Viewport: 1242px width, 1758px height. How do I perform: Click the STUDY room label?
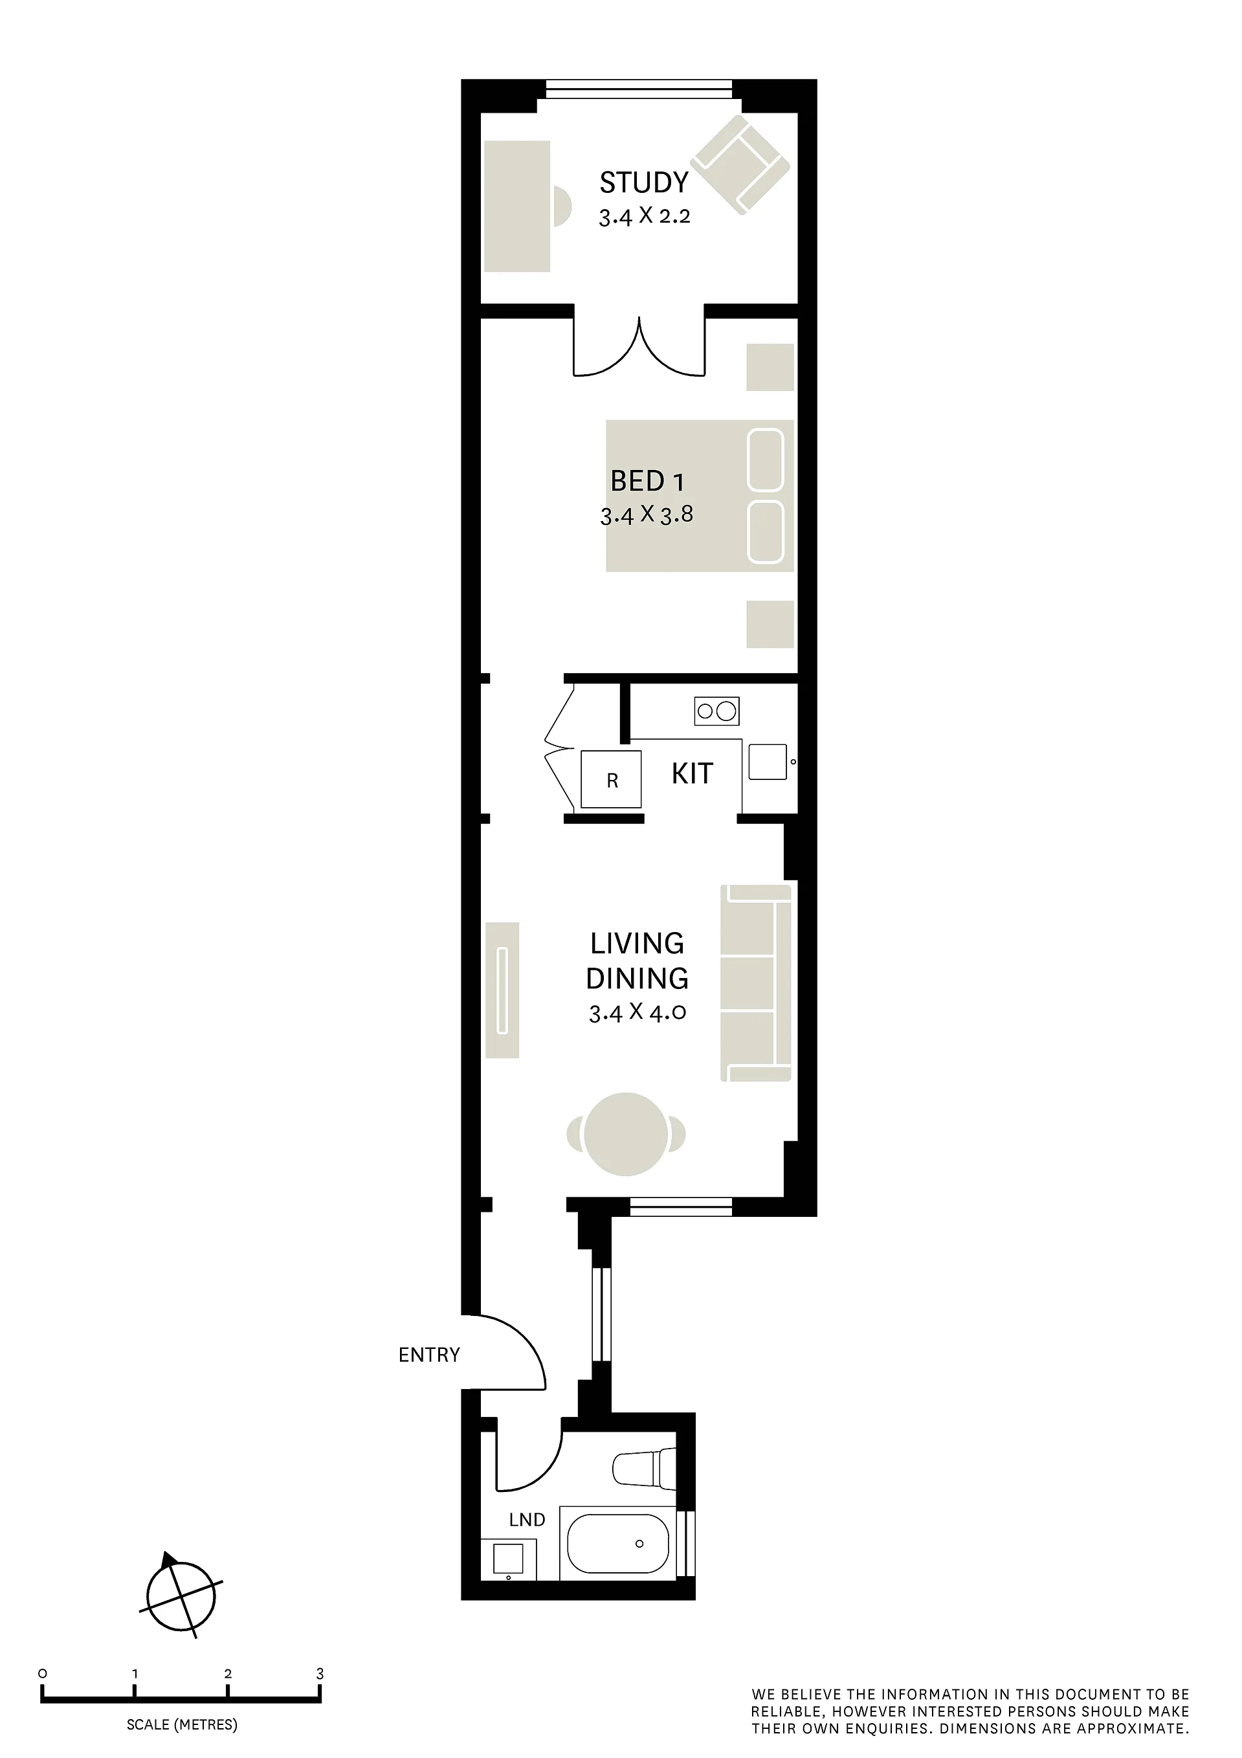[x=644, y=183]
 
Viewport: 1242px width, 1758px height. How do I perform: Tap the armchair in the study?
[x=740, y=164]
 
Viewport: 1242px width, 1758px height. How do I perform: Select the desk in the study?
[x=518, y=206]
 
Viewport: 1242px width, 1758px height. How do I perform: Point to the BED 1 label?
[x=647, y=482]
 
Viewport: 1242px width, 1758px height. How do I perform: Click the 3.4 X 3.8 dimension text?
[x=647, y=515]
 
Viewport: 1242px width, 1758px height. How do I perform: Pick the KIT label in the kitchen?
[x=693, y=773]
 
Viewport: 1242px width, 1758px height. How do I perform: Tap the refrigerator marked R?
[x=611, y=779]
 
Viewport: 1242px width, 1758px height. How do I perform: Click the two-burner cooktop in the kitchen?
[x=716, y=711]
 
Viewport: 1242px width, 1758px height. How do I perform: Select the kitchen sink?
[x=768, y=762]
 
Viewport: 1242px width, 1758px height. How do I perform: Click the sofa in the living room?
[x=756, y=983]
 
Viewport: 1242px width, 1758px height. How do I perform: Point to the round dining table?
[x=626, y=1134]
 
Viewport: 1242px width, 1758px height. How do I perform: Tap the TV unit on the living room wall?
[x=502, y=990]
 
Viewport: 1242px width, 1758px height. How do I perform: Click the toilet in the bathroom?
[x=645, y=1469]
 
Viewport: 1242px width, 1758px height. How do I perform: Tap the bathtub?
[x=618, y=1543]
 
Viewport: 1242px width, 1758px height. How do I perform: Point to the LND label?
[x=527, y=1520]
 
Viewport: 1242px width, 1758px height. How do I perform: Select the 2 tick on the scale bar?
[x=227, y=1674]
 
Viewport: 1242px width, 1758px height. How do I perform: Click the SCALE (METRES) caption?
[x=183, y=1724]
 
